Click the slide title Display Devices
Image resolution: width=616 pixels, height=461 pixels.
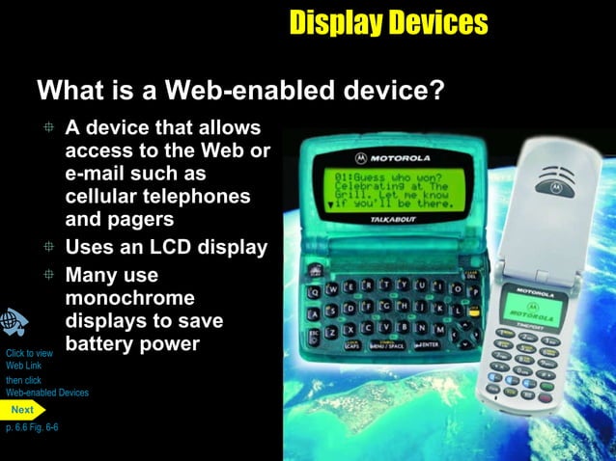[x=388, y=22]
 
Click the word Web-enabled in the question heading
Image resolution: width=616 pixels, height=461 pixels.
[x=239, y=91]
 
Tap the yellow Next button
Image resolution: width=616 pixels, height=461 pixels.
[x=22, y=410]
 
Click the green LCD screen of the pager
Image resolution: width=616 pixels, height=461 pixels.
[x=384, y=191]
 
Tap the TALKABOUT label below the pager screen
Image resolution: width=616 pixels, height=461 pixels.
[x=387, y=221]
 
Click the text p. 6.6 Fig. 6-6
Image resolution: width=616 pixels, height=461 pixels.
[x=32, y=426]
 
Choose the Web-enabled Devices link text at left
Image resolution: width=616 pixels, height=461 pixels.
[x=47, y=393]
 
